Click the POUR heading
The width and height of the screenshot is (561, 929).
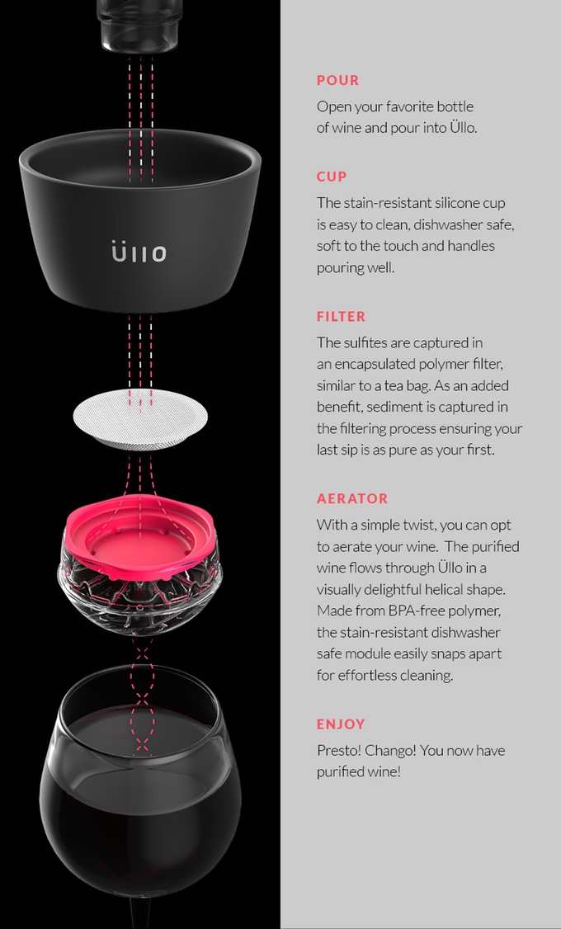pos(337,81)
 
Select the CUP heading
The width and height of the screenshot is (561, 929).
pos(332,177)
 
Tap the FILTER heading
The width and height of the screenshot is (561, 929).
pos(341,317)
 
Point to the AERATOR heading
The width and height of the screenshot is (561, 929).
pos(352,499)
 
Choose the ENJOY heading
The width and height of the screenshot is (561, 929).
pos(341,724)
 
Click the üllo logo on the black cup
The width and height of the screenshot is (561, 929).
pos(139,251)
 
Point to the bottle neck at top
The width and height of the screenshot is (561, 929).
pos(139,25)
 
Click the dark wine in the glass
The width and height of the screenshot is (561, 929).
pos(139,809)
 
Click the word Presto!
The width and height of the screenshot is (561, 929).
pos(339,751)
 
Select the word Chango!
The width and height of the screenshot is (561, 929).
pos(392,751)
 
